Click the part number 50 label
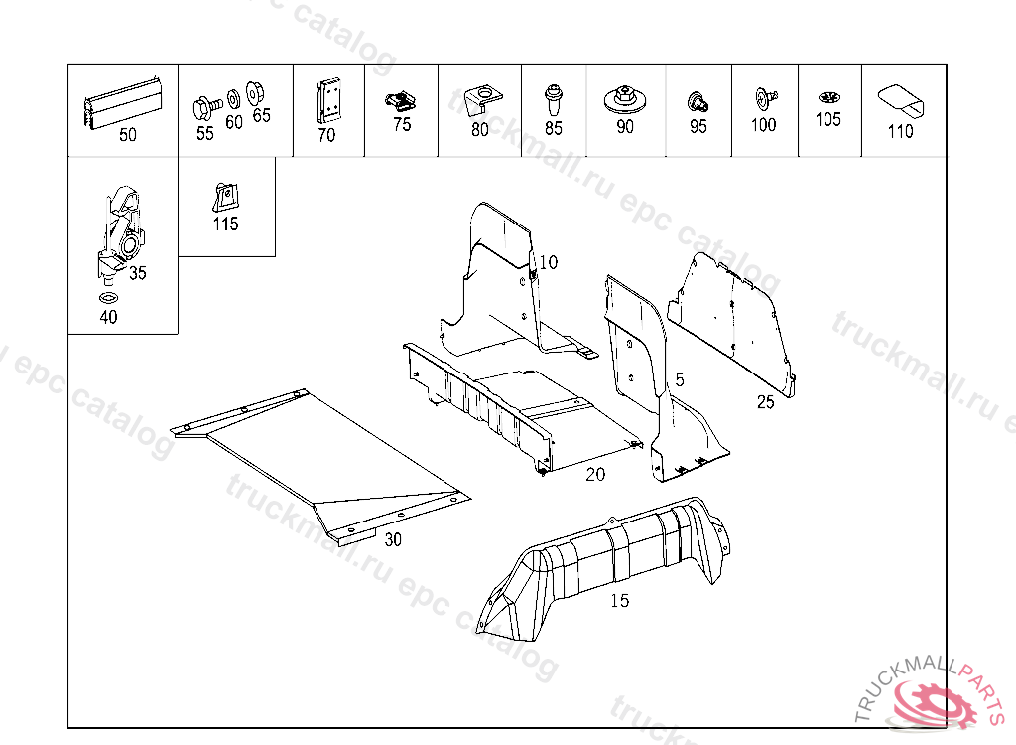pyautogui.click(x=128, y=136)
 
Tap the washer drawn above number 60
pyautogui.click(x=233, y=98)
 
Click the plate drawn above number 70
pyautogui.click(x=327, y=101)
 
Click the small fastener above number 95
pyautogui.click(x=698, y=101)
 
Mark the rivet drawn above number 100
pyautogui.click(x=764, y=98)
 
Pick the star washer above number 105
pyautogui.click(x=828, y=98)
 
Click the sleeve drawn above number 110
pyautogui.click(x=900, y=101)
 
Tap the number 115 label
pyautogui.click(x=225, y=224)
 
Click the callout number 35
pyautogui.click(x=137, y=273)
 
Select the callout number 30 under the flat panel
pyautogui.click(x=393, y=540)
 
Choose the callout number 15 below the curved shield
pyautogui.click(x=620, y=601)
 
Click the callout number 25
pyautogui.click(x=765, y=402)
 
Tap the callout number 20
pyautogui.click(x=595, y=475)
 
